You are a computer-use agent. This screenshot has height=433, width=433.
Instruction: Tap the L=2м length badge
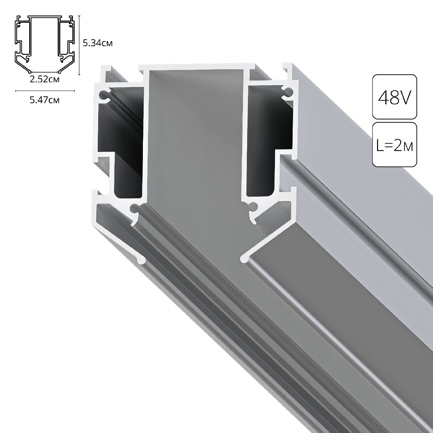tap(394, 144)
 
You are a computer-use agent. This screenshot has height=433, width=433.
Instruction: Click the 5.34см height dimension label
tap(97, 44)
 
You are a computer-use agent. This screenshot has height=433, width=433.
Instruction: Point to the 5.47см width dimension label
tap(45, 100)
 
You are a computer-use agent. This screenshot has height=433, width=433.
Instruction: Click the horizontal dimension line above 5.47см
tap(45, 91)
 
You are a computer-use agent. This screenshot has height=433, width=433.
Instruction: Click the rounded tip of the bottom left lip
tap(141, 259)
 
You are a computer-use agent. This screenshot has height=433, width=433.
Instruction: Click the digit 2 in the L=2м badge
tap(396, 145)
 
